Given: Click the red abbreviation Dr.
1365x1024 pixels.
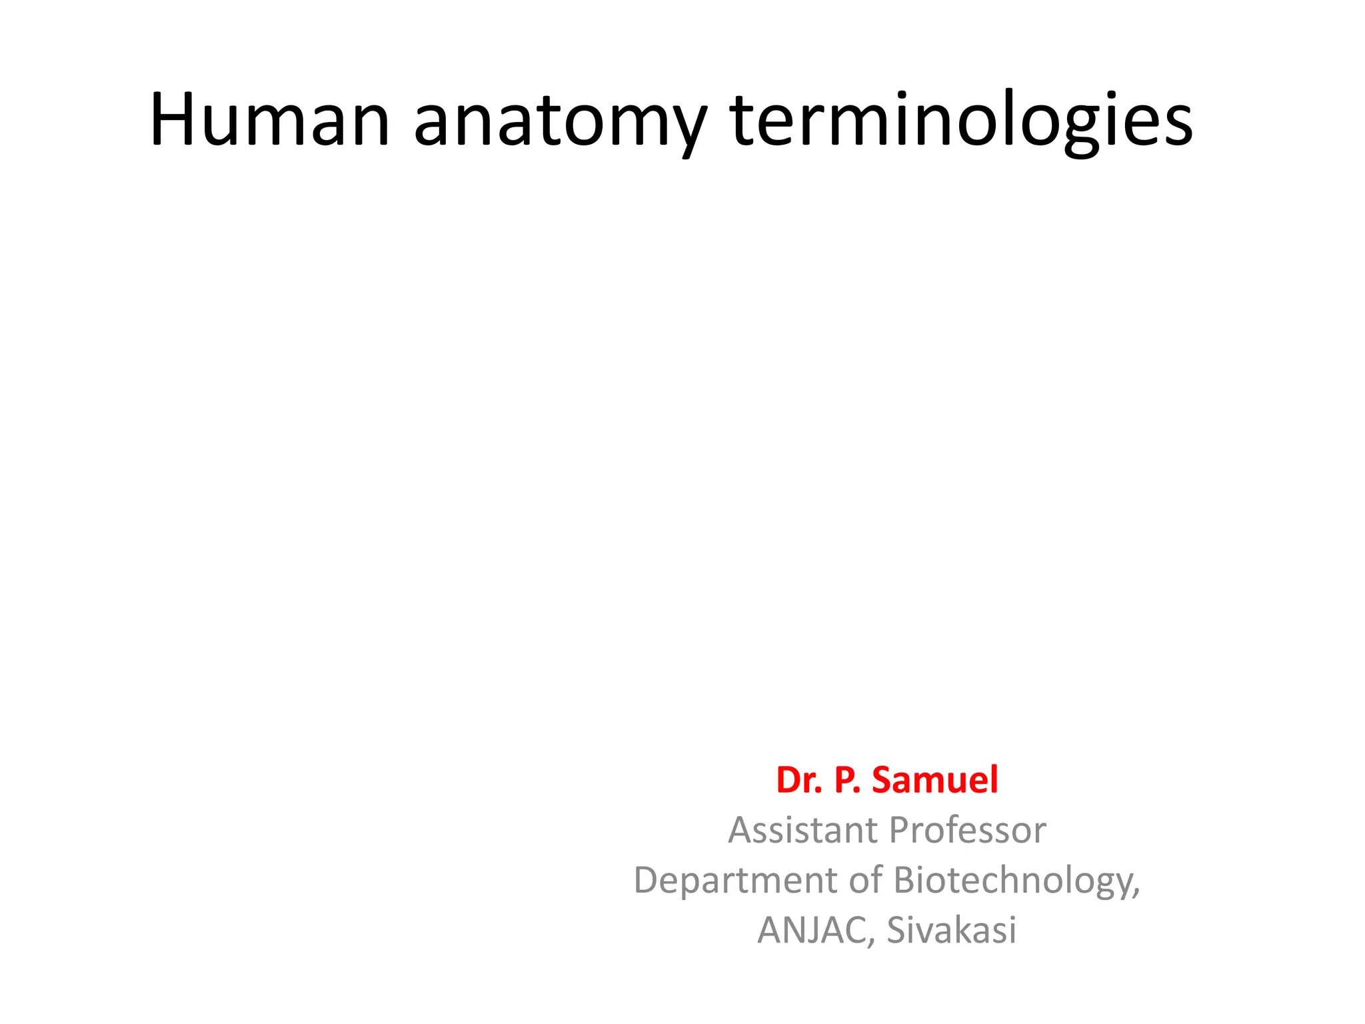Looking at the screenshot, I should pos(798,779).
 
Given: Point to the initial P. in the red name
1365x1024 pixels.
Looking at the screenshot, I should pos(846,779).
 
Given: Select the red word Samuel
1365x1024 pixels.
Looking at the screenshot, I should pos(935,779).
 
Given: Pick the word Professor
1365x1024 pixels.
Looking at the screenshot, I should pos(967,830).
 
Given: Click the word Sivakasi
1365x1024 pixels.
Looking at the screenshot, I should pos(951,930).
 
